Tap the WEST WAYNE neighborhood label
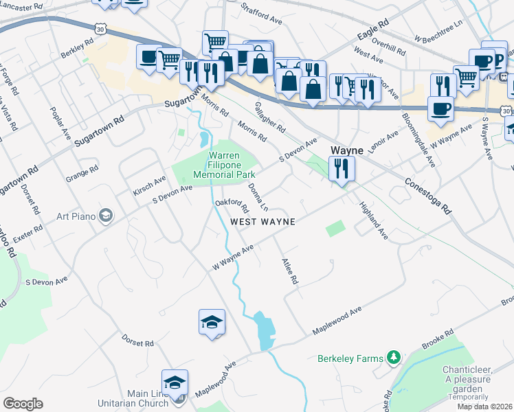[262, 222]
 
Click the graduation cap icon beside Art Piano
[105, 216]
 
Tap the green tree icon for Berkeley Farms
[393, 358]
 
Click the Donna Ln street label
[257, 196]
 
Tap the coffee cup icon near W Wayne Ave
[440, 108]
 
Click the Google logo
[23, 404]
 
